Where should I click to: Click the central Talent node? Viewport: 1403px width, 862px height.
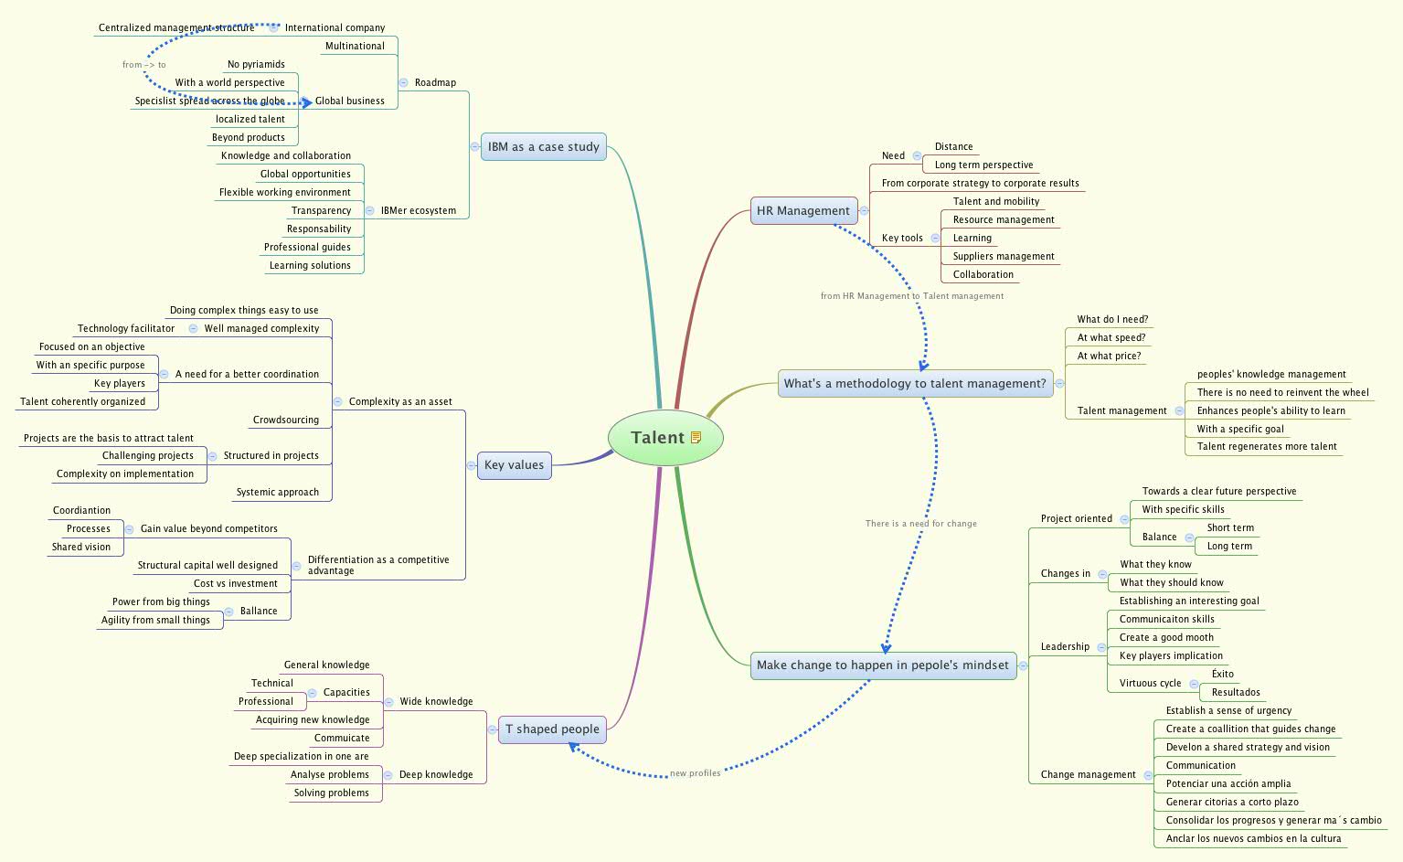[658, 438]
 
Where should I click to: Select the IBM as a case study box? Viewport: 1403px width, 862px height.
[543, 147]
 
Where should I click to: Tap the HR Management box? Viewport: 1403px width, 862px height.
[802, 211]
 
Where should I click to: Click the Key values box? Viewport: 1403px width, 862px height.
[514, 465]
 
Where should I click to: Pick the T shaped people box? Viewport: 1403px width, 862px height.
[552, 729]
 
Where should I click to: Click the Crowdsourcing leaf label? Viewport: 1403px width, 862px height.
[286, 420]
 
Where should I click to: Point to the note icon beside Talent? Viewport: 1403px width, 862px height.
[696, 438]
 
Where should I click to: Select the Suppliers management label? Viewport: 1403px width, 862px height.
[1003, 257]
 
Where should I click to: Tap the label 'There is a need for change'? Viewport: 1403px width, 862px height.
[920, 524]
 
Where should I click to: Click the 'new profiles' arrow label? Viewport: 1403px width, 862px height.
[695, 773]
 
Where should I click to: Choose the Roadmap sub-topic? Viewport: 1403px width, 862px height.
[435, 83]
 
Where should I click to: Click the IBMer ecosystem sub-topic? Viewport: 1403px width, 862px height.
[418, 211]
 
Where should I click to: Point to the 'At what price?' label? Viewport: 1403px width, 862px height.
[1109, 357]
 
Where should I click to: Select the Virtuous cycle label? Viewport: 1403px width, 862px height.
[1150, 684]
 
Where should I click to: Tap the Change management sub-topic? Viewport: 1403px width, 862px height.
[1088, 775]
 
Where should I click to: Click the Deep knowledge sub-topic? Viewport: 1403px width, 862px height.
[436, 775]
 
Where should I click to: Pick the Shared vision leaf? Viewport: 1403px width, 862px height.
[80, 548]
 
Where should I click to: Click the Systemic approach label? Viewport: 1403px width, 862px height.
[277, 493]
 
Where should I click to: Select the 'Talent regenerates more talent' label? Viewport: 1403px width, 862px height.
[1267, 447]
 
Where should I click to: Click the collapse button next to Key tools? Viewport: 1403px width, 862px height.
[935, 239]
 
